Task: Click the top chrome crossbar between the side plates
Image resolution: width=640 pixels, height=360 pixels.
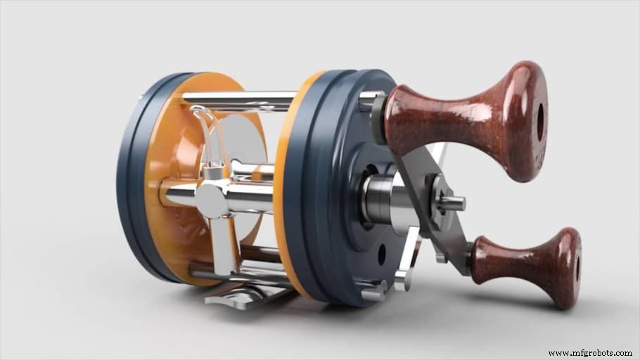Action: pos(239,99)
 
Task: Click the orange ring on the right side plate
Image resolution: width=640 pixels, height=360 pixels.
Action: pos(285,183)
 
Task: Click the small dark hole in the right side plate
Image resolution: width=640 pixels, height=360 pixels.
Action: pos(381,255)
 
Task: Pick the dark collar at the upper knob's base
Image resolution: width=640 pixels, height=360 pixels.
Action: pos(380,120)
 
